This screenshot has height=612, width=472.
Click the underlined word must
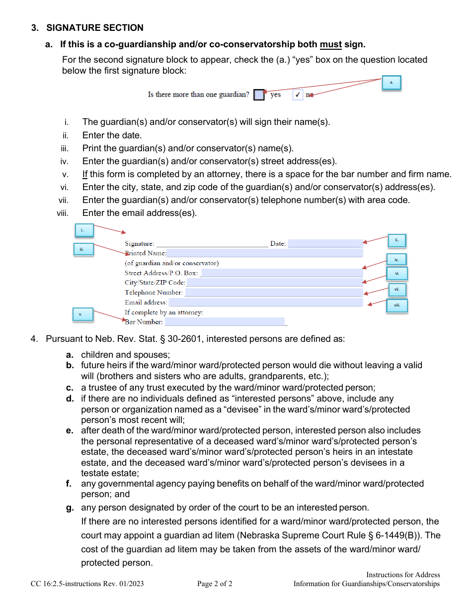[x=330, y=44]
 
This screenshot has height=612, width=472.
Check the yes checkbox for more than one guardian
[x=259, y=95]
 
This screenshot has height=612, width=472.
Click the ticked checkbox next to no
[x=297, y=95]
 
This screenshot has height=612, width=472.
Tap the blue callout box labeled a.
[x=391, y=83]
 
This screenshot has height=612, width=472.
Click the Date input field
[x=324, y=244]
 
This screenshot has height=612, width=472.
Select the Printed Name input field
[x=265, y=253]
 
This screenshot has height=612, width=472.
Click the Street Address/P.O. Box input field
[x=281, y=273]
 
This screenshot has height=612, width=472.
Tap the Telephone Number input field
[x=273, y=293]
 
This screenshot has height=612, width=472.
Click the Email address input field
[x=265, y=302]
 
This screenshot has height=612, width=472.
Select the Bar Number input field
[x=225, y=322]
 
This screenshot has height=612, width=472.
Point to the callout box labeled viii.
[x=397, y=306]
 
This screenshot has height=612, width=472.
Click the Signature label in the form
[x=139, y=244]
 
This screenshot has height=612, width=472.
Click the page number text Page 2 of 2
[x=215, y=584]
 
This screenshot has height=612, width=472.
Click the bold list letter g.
[x=70, y=508]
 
